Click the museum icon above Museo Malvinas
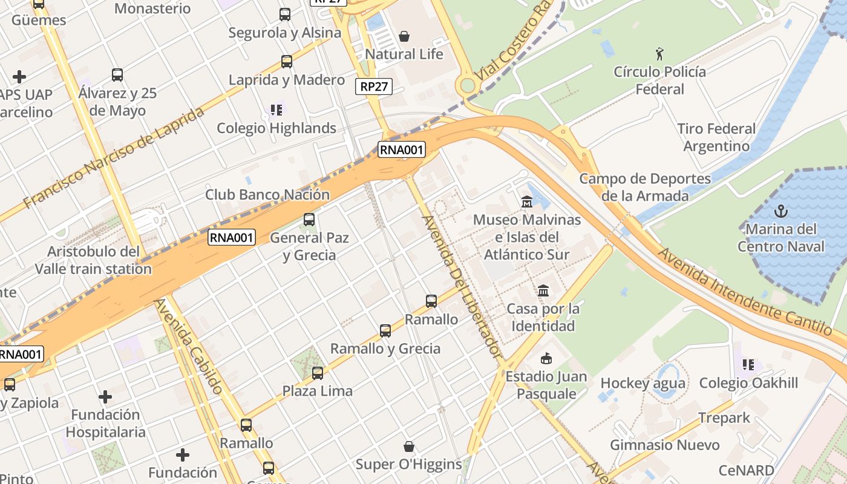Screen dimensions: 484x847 point(526,201)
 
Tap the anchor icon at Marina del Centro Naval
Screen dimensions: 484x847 point(781,211)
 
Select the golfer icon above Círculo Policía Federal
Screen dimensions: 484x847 point(659,54)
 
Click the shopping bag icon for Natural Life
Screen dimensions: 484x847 point(404,36)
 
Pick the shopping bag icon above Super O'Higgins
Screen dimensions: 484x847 point(409,446)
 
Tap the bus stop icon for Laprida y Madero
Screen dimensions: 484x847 point(287,61)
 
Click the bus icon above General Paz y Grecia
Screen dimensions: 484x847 point(309,219)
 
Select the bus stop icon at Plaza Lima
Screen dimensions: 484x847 point(318,373)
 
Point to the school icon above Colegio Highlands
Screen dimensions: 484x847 point(276,110)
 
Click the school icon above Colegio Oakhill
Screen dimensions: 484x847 point(748,365)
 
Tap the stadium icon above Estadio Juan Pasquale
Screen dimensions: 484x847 point(546,358)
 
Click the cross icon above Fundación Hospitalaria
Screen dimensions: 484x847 point(105,397)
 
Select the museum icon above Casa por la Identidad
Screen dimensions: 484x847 point(543,291)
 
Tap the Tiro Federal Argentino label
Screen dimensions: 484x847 point(716,137)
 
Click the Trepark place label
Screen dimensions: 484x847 point(724,418)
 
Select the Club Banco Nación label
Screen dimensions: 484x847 point(267,195)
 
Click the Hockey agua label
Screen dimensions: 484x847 point(643,383)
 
